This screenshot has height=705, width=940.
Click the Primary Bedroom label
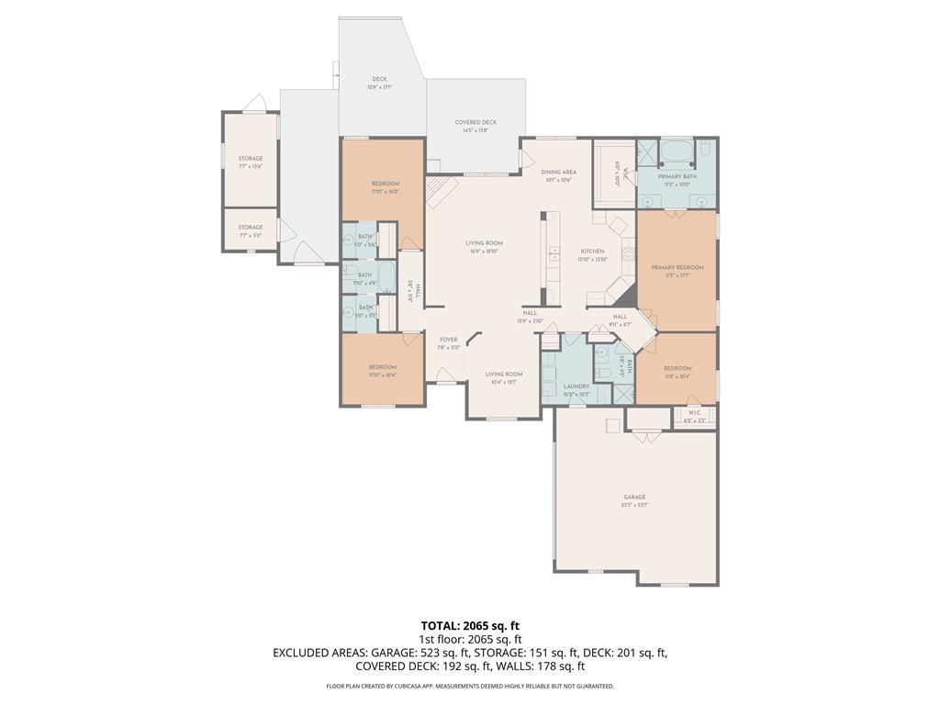[x=677, y=267]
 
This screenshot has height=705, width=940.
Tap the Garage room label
[x=634, y=497]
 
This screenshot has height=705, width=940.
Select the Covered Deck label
[x=476, y=122]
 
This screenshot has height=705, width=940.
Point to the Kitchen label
[x=592, y=252]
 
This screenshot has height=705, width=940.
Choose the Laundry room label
[x=576, y=386]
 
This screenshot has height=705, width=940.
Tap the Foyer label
[x=447, y=340]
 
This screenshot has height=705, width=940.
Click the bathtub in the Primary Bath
[x=677, y=151]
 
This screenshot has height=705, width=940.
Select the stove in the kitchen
[x=629, y=252]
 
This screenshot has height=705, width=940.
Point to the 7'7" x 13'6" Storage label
[x=251, y=159]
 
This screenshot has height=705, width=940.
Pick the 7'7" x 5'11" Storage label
[x=251, y=228]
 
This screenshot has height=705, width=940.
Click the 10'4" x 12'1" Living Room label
[x=504, y=375]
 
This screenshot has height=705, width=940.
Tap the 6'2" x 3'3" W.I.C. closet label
[x=695, y=414]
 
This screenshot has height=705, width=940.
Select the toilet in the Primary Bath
[x=705, y=149]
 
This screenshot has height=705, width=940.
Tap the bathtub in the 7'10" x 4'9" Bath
[x=386, y=275]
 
